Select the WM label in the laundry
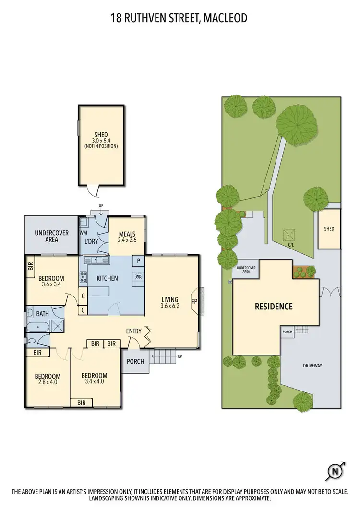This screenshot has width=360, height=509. tap(83, 233)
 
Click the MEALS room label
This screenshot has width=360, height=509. tap(127, 234)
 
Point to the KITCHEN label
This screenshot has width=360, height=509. tap(107, 278)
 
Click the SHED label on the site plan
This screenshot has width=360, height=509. tap(329, 229)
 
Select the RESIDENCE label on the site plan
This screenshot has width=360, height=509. tap(274, 307)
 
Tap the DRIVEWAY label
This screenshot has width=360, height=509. tap(312, 366)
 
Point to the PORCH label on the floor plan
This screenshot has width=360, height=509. tap(135, 361)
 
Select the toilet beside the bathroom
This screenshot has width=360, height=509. tap(31, 341)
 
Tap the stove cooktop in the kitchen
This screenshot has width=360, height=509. tap(83, 278)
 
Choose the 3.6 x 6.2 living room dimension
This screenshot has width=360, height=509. tap(170, 305)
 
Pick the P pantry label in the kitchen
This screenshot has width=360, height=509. tap(138, 261)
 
